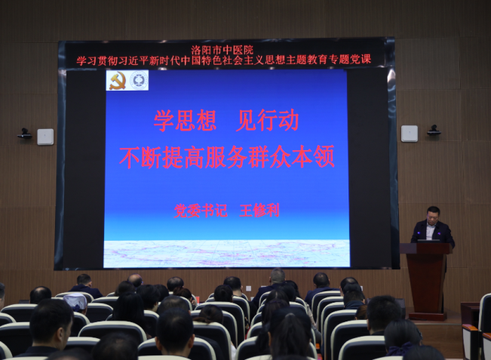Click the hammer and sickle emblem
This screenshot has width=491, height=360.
click(118, 81)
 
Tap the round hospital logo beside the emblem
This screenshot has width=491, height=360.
click(139, 80)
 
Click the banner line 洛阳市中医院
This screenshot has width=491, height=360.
click(222, 50)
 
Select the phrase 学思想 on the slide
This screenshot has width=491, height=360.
click(185, 121)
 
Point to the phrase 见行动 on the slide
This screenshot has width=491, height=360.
click(267, 121)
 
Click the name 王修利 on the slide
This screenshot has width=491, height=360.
click(259, 211)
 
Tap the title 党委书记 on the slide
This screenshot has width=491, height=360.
click(201, 211)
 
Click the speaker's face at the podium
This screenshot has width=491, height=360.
click(433, 215)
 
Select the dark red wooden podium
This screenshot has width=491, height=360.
click(426, 281)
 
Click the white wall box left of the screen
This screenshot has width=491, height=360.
click(45, 137)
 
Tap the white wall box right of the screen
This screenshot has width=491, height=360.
click(410, 134)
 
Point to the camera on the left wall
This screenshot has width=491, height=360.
click(24, 134)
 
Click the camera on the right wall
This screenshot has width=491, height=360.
click(434, 130)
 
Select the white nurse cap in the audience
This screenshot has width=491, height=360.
click(75, 301)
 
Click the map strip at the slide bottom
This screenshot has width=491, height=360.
click(227, 254)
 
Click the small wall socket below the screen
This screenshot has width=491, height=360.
click(248, 288)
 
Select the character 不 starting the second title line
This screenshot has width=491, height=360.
click(130, 157)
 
